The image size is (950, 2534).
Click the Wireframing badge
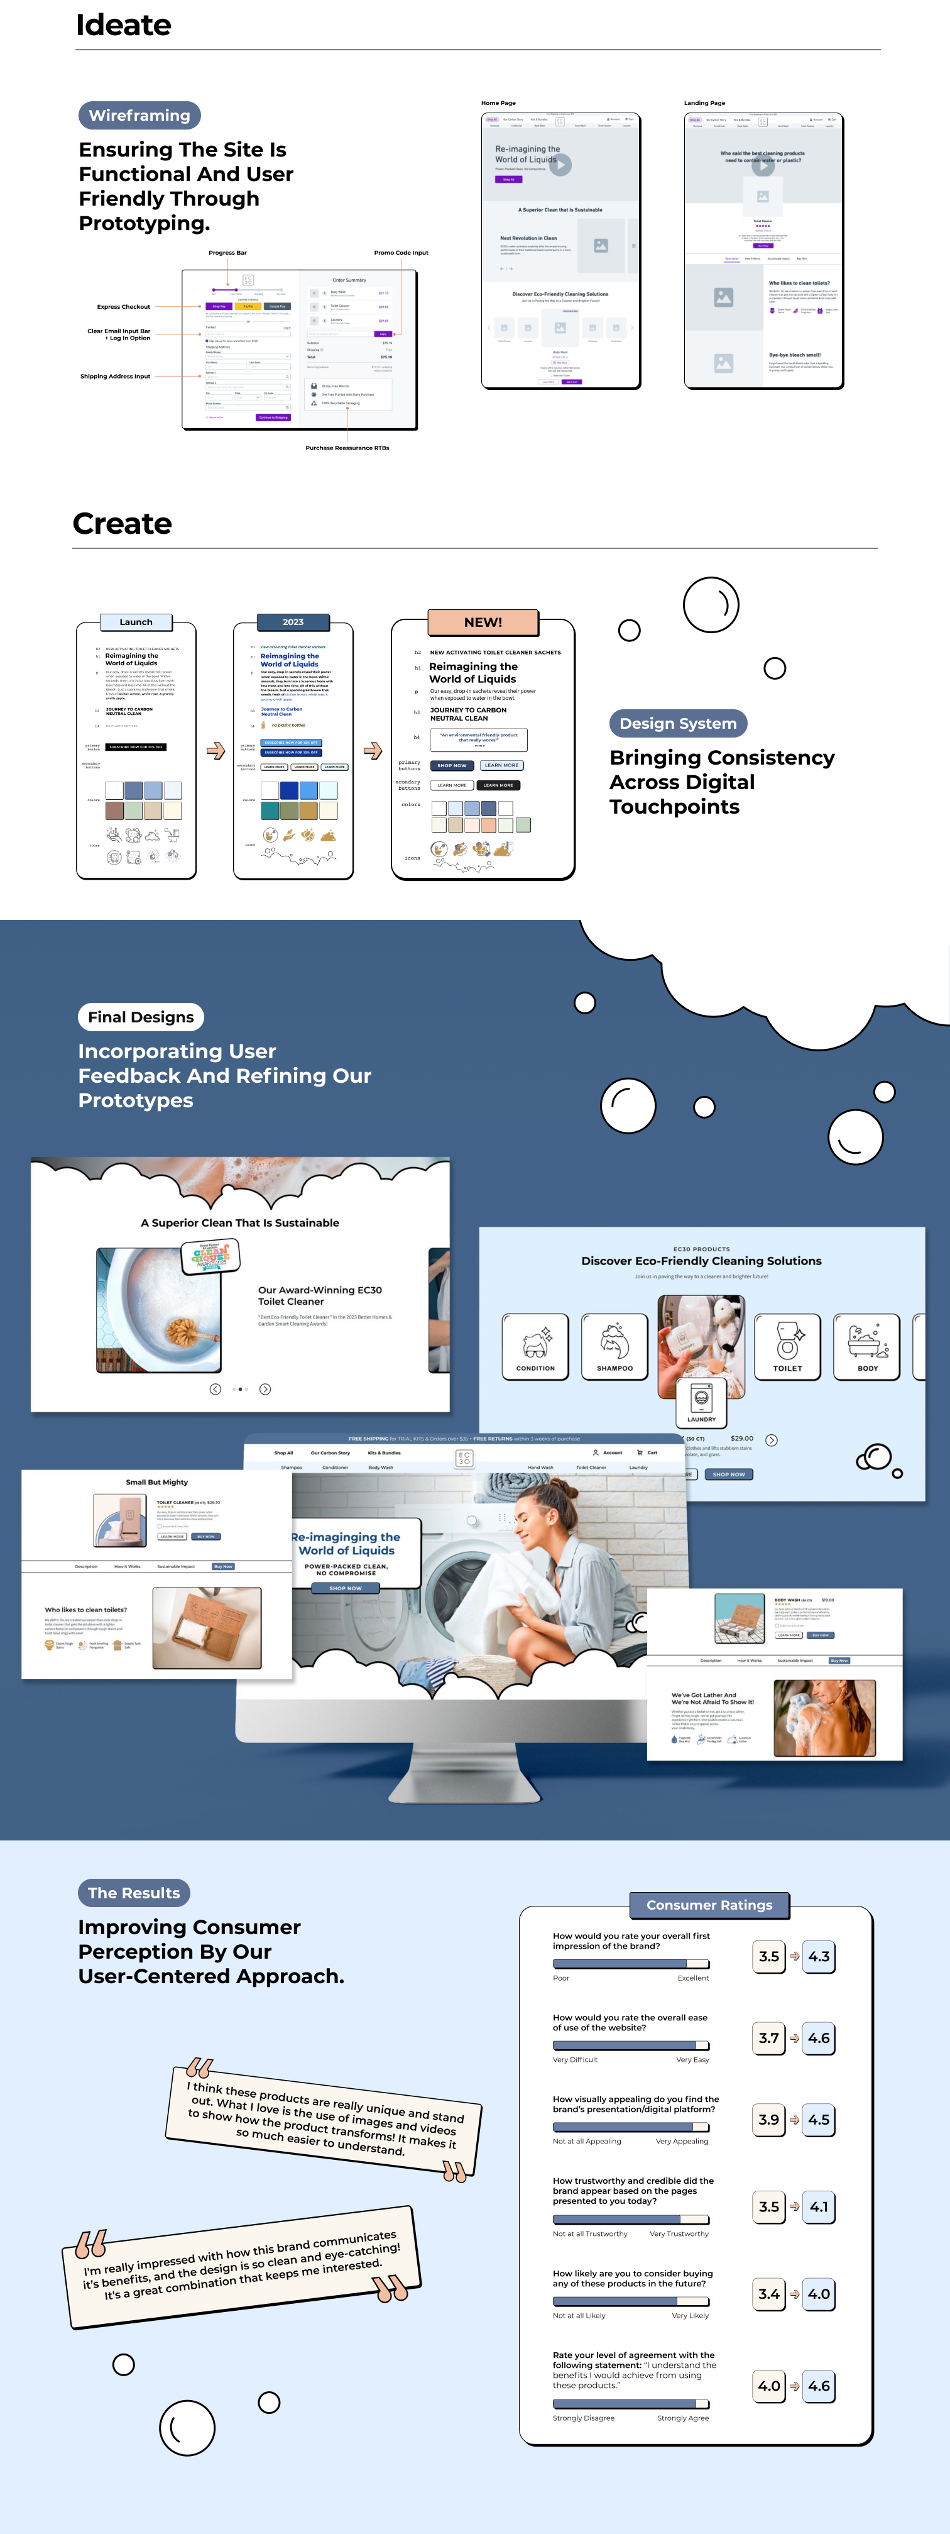coord(139,115)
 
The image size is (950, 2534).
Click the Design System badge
coord(677,723)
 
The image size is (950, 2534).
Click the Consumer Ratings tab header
coord(709,1905)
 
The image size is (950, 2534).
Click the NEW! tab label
coord(483,622)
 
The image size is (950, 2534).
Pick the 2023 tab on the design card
coord(293,622)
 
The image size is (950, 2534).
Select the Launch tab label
coord(136,622)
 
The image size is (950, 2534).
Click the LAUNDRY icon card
coord(701,1402)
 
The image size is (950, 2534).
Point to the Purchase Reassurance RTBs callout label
coord(347,448)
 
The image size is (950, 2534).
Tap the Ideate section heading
coord(124,26)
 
